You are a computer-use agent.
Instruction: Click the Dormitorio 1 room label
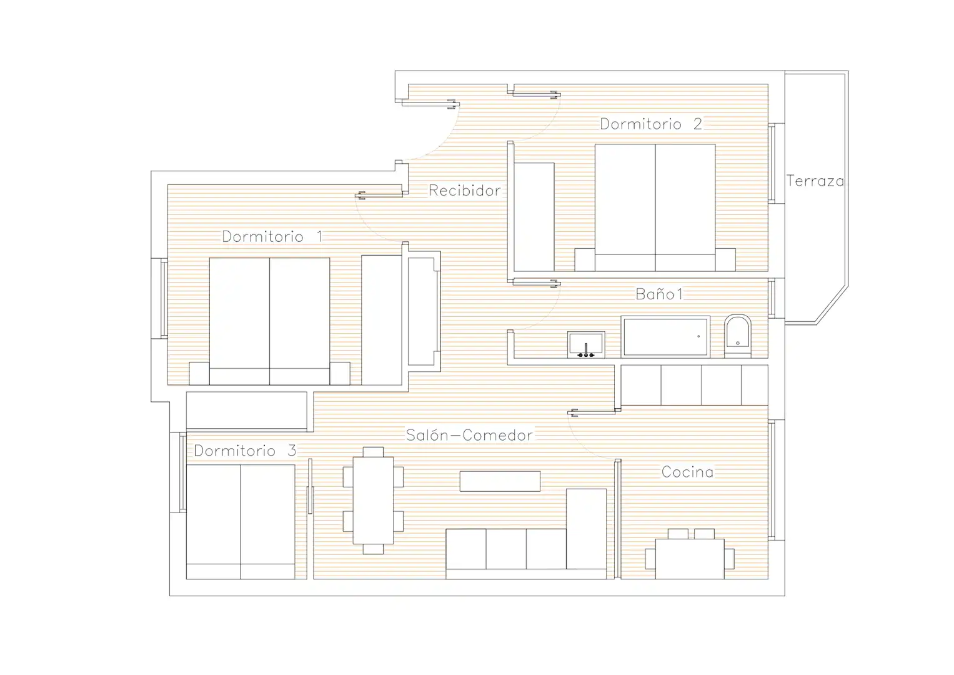click(x=272, y=236)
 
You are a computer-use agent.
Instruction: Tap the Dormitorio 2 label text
click(x=651, y=124)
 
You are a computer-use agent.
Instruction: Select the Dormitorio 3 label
click(x=245, y=451)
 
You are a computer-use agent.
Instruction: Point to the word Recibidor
click(x=464, y=191)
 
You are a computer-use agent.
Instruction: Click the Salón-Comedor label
click(x=469, y=435)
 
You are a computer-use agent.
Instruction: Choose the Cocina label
click(x=687, y=472)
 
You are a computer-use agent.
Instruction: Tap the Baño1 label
click(x=659, y=294)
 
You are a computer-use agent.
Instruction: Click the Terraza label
click(x=815, y=181)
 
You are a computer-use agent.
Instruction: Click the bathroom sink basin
click(x=586, y=344)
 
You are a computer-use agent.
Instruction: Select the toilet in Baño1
click(x=738, y=336)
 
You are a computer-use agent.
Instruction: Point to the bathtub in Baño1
click(x=665, y=336)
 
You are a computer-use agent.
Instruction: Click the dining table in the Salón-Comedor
click(x=373, y=500)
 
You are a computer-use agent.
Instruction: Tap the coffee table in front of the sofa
click(x=500, y=481)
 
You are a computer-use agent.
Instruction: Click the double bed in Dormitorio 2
click(x=655, y=207)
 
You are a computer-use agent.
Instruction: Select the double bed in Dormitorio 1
click(x=270, y=321)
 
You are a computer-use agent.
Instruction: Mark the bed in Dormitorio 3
click(x=241, y=522)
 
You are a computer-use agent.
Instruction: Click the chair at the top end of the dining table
click(x=373, y=452)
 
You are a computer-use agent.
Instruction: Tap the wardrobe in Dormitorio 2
click(x=534, y=217)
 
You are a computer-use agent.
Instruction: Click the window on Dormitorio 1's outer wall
click(x=164, y=298)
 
